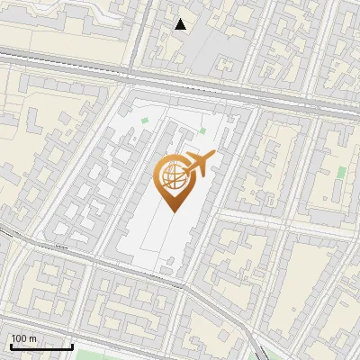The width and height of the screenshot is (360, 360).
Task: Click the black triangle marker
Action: [x=181, y=24]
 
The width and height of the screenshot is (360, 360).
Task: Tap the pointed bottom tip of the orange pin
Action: [x=172, y=212]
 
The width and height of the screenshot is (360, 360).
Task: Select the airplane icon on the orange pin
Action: [x=197, y=166]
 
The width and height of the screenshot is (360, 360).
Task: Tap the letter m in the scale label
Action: [x=32, y=338]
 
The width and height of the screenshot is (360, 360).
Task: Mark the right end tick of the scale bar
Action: [x=72, y=346]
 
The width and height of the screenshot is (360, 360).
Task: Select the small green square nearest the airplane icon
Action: [x=202, y=132]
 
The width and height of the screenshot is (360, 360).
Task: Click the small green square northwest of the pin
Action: [x=144, y=121]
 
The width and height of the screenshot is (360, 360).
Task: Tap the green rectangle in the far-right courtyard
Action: [x=341, y=171]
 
